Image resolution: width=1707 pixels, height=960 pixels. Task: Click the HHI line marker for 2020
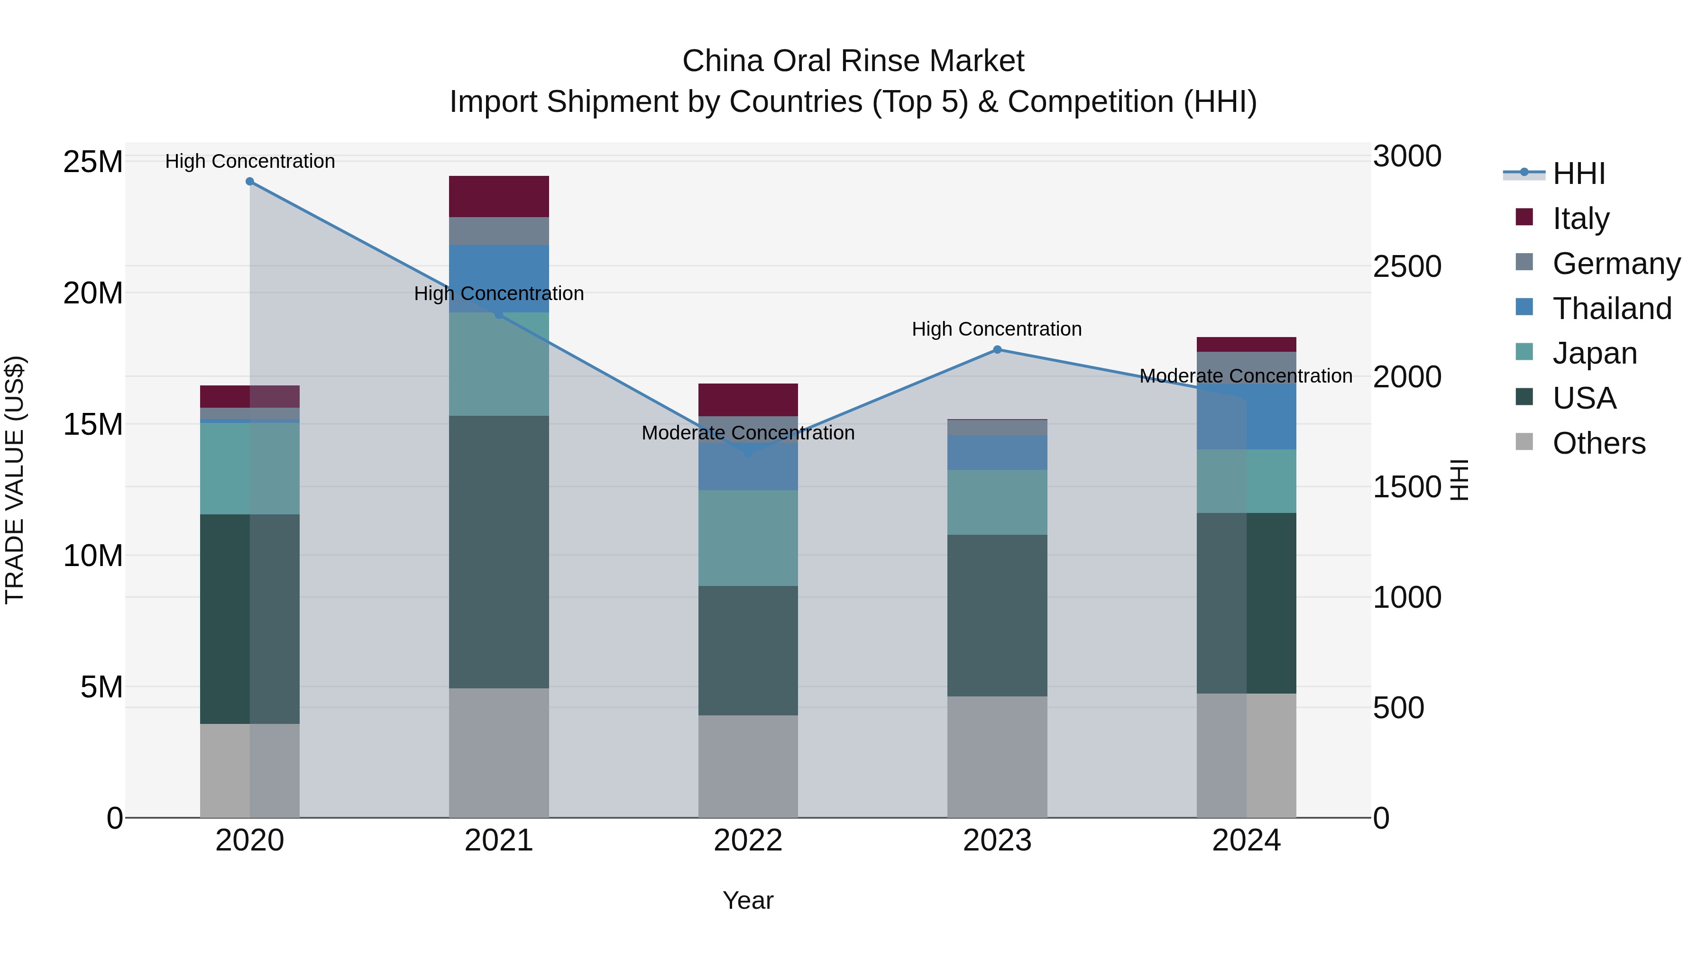(x=250, y=182)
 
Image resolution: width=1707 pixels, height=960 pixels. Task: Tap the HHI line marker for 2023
(x=997, y=350)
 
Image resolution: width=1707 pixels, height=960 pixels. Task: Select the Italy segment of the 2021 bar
(x=499, y=197)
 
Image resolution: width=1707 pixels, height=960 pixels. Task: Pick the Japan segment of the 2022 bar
(x=748, y=538)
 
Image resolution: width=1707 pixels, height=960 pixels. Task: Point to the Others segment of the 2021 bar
(x=499, y=753)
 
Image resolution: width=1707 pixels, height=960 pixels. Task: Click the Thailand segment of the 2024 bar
(x=1247, y=417)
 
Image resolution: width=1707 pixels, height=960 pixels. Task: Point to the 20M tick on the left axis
(x=93, y=293)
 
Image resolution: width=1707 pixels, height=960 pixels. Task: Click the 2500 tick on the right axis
(x=1407, y=266)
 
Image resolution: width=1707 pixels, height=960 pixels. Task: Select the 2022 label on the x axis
(x=748, y=841)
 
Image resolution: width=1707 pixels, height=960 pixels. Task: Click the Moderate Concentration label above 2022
(x=748, y=433)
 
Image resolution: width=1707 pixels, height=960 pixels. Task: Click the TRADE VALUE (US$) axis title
(x=15, y=480)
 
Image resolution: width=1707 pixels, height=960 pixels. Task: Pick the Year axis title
(x=748, y=900)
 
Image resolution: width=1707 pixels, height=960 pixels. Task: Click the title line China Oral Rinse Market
(x=853, y=61)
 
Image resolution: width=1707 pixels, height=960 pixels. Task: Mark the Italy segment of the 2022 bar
(x=748, y=400)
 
